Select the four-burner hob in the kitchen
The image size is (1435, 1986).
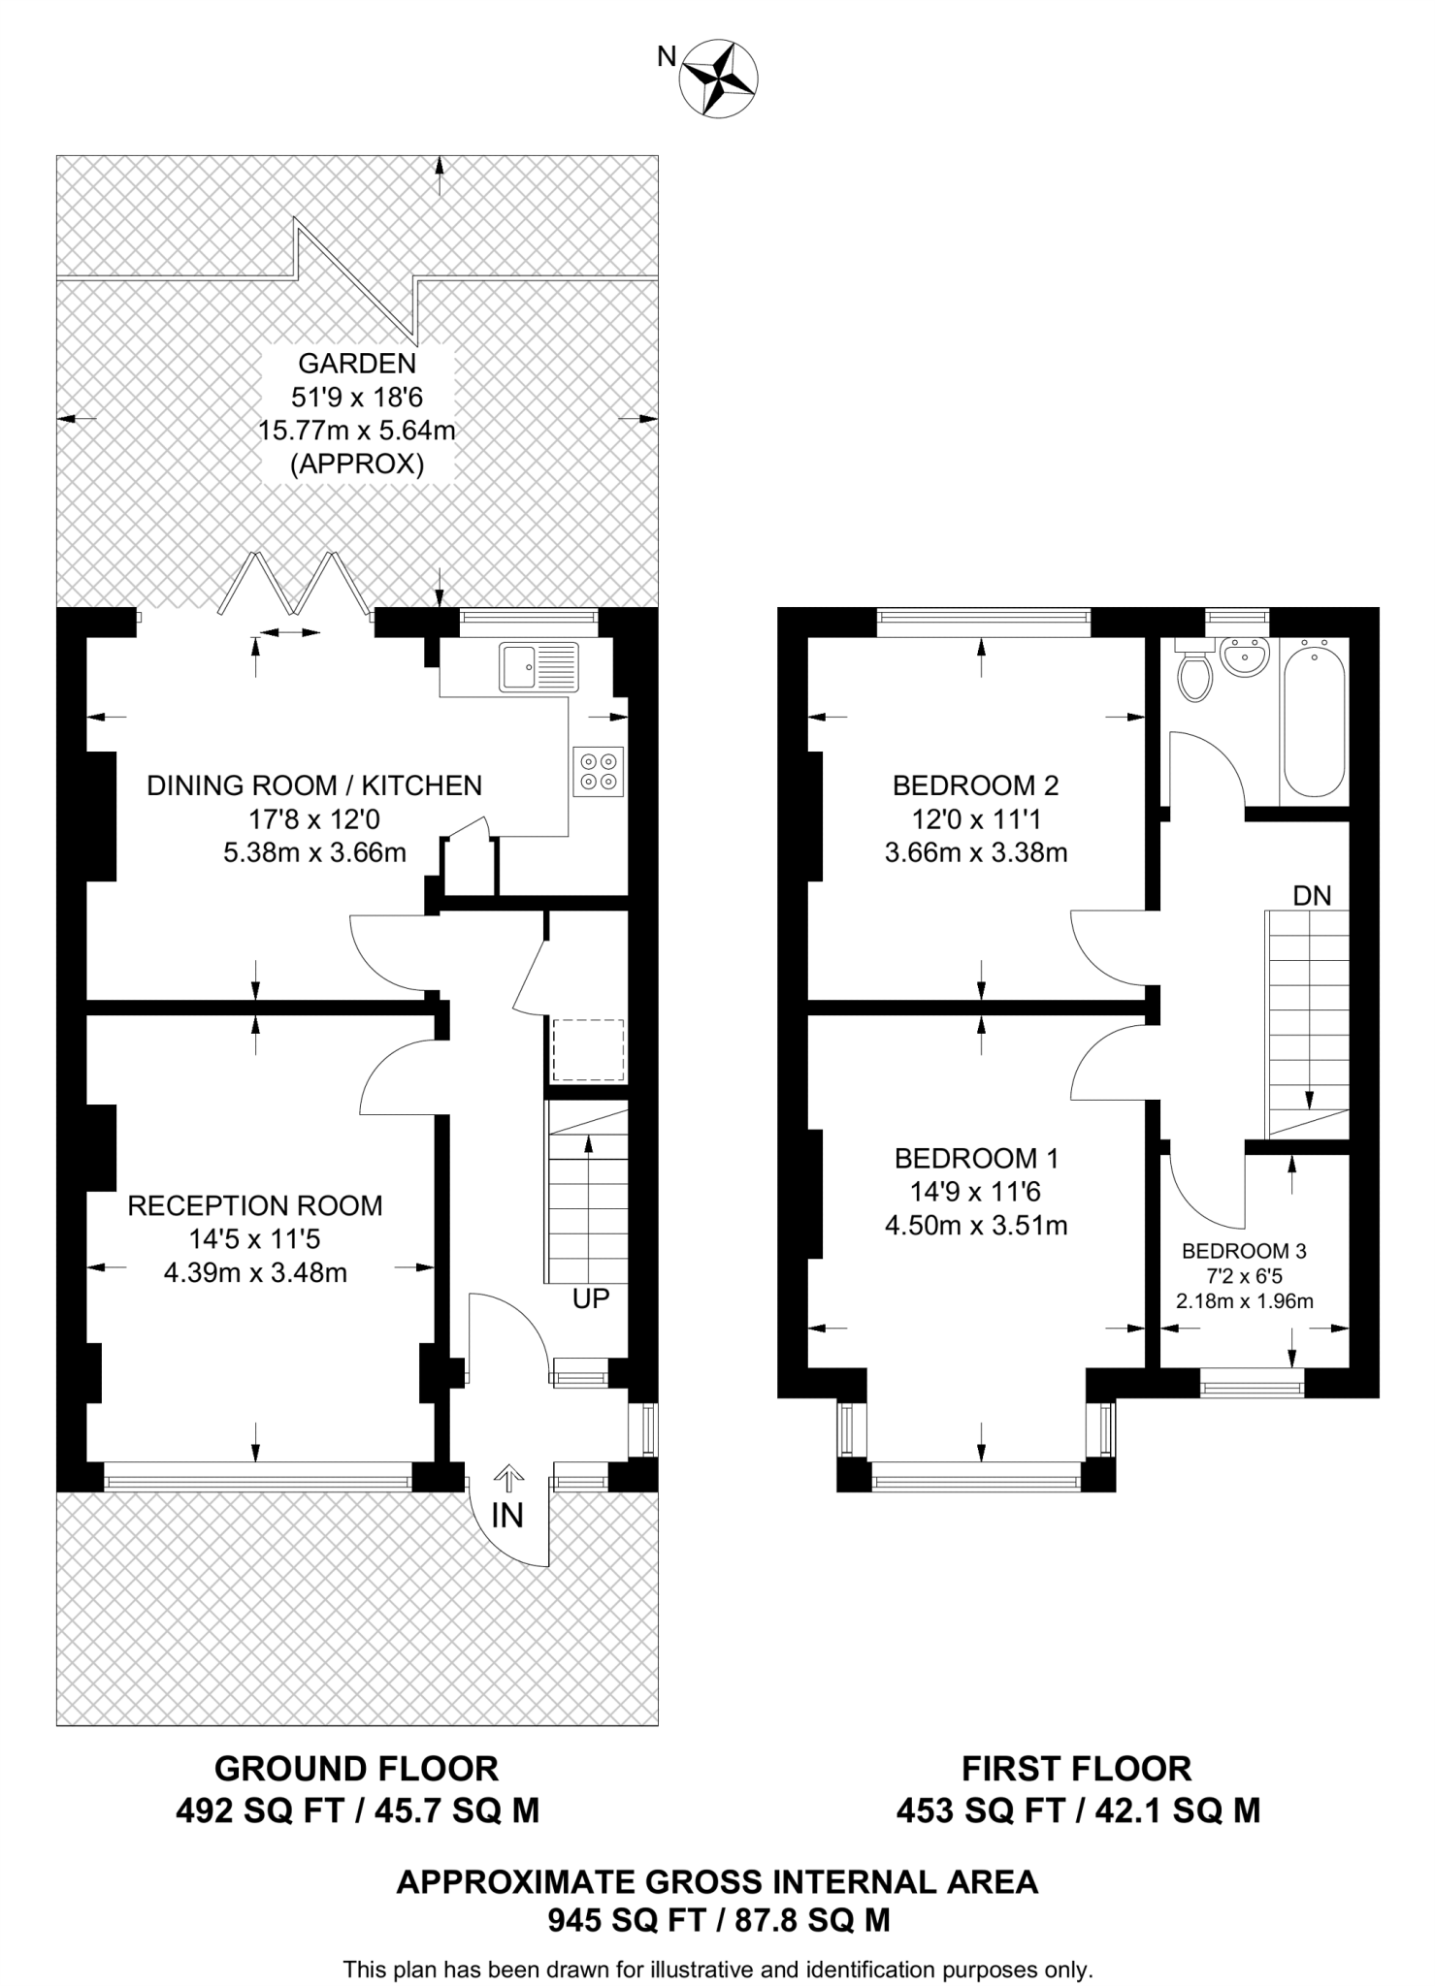pyautogui.click(x=598, y=772)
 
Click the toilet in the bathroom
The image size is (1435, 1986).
pyautogui.click(x=1194, y=669)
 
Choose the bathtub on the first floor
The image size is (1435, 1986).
pyautogui.click(x=1315, y=717)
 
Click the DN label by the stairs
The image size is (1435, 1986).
pyautogui.click(x=1312, y=896)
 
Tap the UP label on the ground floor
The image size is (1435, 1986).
pyautogui.click(x=591, y=1298)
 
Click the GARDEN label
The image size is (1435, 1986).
pyautogui.click(x=357, y=364)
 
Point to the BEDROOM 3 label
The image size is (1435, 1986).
pyautogui.click(x=1244, y=1251)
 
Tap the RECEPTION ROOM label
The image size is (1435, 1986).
pyautogui.click(x=255, y=1205)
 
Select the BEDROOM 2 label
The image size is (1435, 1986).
pyautogui.click(x=975, y=785)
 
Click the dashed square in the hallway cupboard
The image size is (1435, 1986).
pyautogui.click(x=589, y=1050)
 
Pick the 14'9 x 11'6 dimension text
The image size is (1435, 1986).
pyautogui.click(x=976, y=1191)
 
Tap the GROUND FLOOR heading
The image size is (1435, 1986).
pyautogui.click(x=356, y=1769)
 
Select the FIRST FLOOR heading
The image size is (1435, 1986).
pyautogui.click(x=1076, y=1769)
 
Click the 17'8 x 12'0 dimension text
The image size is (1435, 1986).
pyautogui.click(x=314, y=819)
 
